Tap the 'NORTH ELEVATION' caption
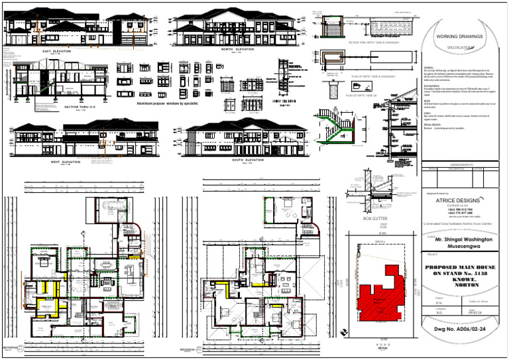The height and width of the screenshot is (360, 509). tap(237, 49)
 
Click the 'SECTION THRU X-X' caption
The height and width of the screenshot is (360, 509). tap(80, 106)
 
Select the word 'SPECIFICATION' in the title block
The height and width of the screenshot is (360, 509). tap(459, 48)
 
